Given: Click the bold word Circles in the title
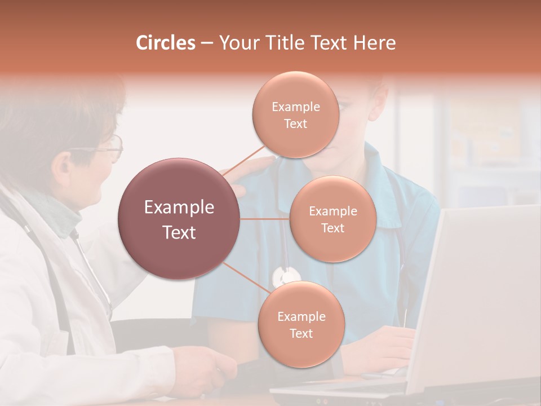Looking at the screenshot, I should click(x=166, y=43).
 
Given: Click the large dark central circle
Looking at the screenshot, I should click(x=179, y=219).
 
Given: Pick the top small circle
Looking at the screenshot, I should click(x=295, y=114).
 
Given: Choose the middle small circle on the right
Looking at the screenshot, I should click(x=332, y=219).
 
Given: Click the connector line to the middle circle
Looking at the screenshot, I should click(x=265, y=219).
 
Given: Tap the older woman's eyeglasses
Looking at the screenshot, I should click(x=107, y=148).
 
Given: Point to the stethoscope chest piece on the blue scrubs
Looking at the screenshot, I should click(x=286, y=276).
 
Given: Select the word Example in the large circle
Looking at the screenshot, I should click(x=179, y=208).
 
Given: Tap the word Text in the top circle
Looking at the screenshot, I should click(x=295, y=124).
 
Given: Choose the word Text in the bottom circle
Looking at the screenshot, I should click(x=301, y=334).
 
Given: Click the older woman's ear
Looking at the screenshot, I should click(x=62, y=164).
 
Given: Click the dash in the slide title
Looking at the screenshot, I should click(x=206, y=43).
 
